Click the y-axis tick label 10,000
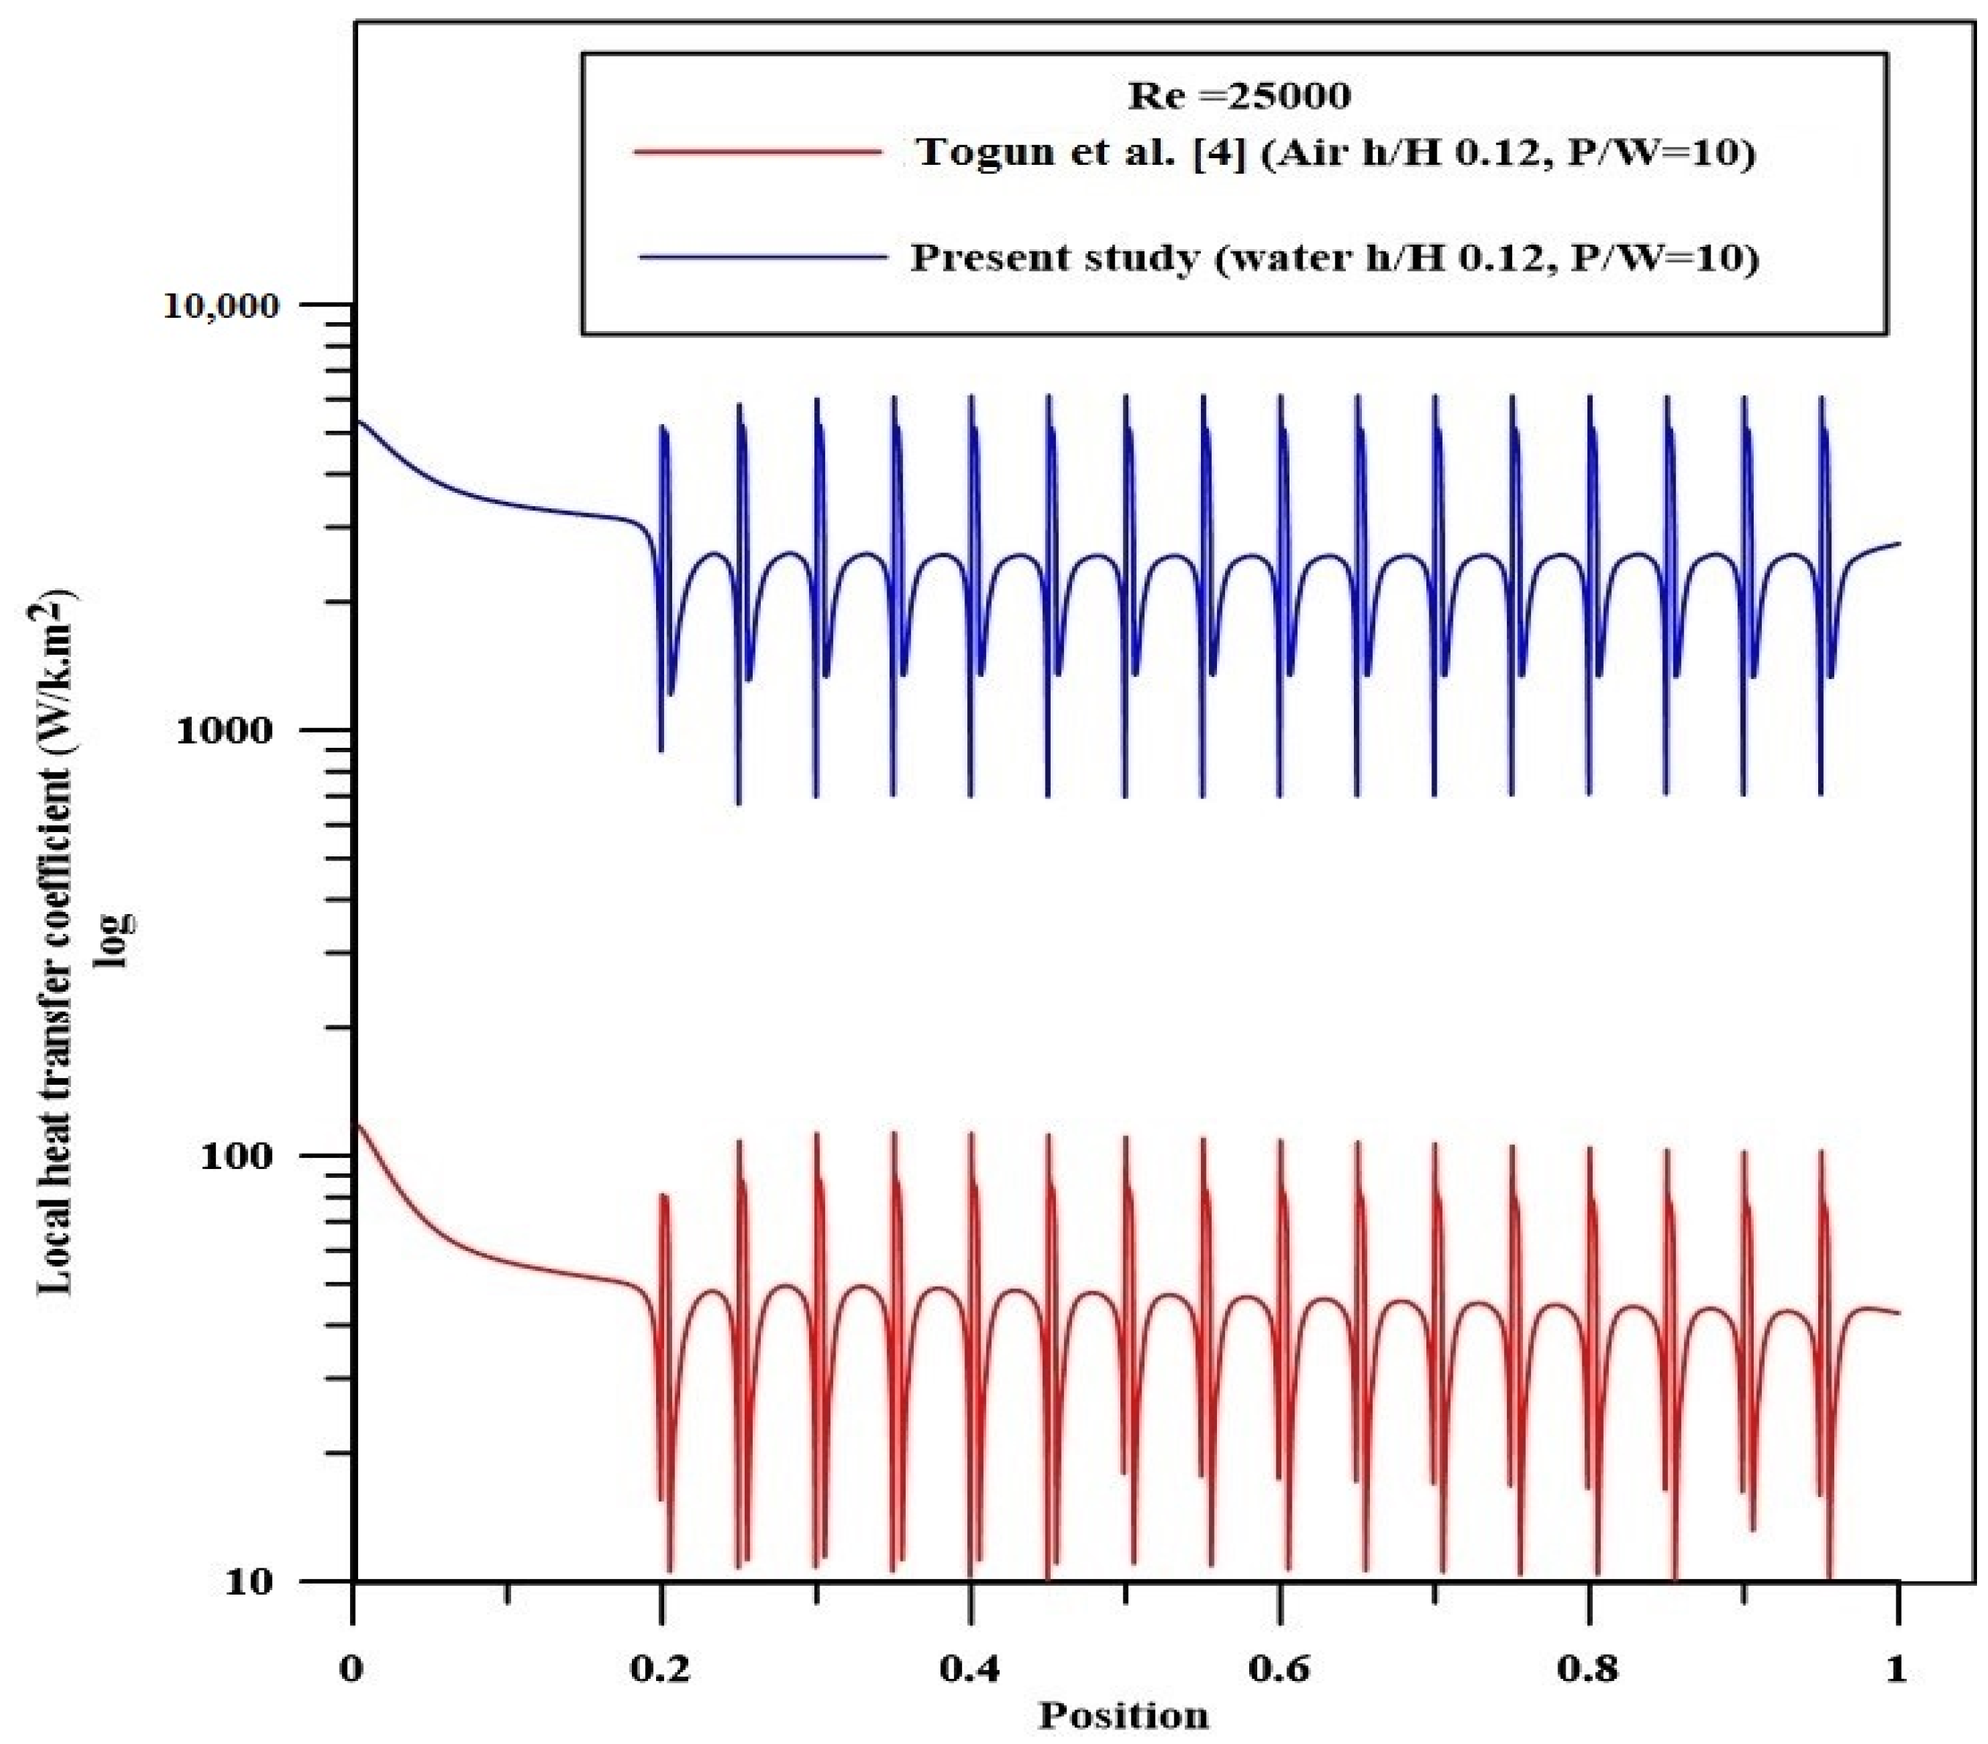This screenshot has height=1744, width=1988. (x=234, y=305)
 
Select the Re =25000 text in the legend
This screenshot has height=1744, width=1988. (x=1238, y=95)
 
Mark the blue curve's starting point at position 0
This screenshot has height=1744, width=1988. (x=357, y=420)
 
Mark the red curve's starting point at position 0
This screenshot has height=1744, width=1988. (x=357, y=1125)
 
